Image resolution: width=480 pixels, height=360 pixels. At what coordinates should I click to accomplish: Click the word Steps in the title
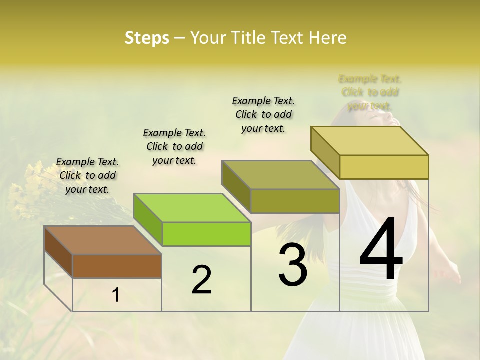pos(147,38)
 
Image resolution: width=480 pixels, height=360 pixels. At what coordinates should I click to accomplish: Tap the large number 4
pos(381,250)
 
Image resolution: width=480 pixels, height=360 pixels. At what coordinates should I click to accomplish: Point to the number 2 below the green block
pos(201,280)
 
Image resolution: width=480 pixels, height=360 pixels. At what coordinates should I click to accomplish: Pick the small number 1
pos(116,295)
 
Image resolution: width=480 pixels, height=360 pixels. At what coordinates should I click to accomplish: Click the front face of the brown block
pos(117,266)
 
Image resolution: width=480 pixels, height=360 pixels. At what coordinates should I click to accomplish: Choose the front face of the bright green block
pos(206,234)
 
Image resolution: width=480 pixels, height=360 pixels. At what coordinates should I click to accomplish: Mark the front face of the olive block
pos(295,201)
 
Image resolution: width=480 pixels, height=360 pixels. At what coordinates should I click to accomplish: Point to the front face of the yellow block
pos(384,167)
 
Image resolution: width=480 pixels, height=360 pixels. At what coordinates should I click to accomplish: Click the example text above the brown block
pos(88,175)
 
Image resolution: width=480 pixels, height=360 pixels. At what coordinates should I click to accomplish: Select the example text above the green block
pos(174,146)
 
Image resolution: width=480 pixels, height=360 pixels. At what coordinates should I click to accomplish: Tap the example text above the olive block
pos(263,114)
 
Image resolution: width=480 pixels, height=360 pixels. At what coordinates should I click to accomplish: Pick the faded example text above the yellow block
pos(370,92)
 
